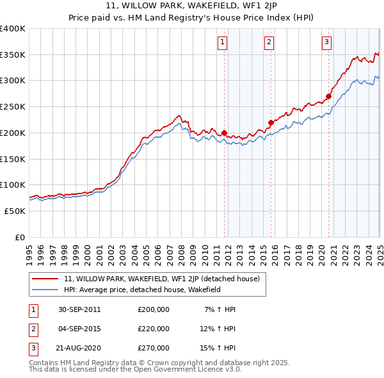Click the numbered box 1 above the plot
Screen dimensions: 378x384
(222, 43)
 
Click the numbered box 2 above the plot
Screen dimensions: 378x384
(269, 43)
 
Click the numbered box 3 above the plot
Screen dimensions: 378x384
(326, 43)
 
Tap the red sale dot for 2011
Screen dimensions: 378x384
(225, 133)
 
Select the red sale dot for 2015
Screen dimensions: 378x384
(271, 122)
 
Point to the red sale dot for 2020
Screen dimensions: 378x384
(328, 97)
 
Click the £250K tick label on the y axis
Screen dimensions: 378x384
(12, 107)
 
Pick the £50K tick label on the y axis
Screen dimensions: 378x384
(15, 211)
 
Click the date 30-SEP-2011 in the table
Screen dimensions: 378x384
(79, 309)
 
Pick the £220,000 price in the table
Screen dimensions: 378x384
(154, 329)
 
